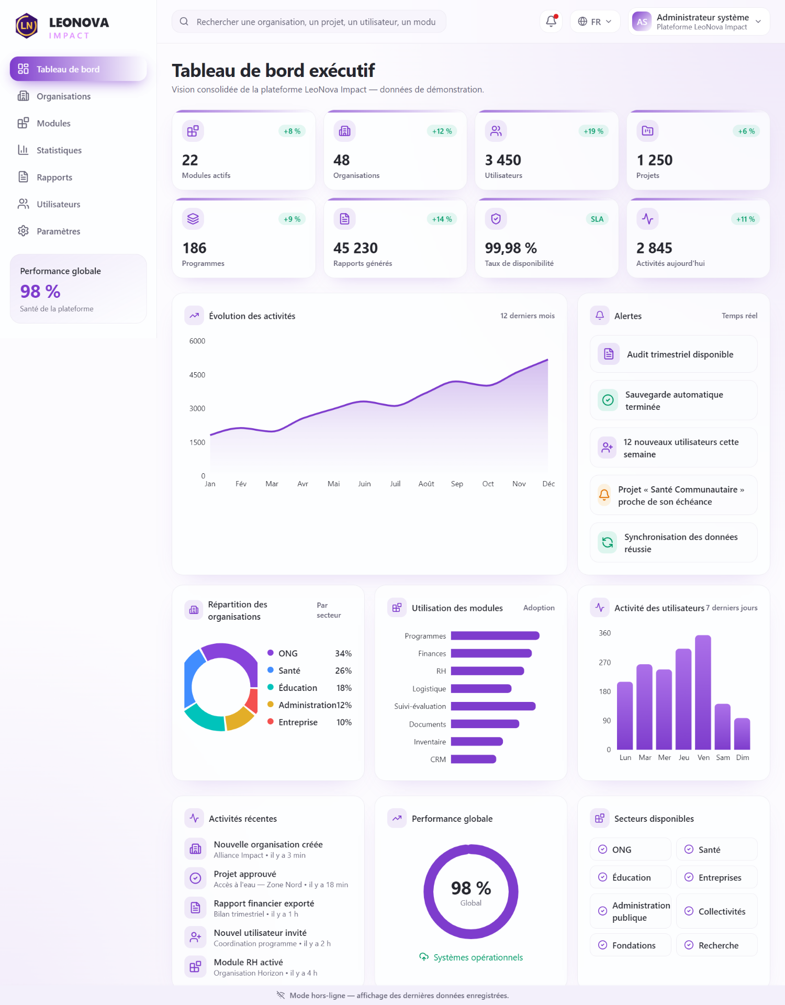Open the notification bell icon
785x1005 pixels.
(551, 21)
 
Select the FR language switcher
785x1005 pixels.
(595, 21)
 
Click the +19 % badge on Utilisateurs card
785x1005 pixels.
(593, 131)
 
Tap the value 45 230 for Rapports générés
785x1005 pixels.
(355, 248)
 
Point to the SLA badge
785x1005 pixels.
(597, 219)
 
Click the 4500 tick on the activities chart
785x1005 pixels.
(197, 375)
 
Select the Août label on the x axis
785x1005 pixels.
(427, 484)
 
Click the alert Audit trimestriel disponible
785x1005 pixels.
(674, 354)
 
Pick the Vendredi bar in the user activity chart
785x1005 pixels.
(703, 692)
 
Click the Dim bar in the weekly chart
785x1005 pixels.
(742, 734)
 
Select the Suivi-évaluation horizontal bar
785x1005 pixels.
(493, 706)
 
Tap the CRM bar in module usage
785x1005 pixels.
(474, 759)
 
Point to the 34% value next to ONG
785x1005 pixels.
(343, 653)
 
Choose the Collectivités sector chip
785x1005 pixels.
(717, 911)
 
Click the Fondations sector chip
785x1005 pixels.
(631, 945)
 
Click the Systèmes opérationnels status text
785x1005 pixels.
(478, 957)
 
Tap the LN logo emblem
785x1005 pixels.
(27, 26)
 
